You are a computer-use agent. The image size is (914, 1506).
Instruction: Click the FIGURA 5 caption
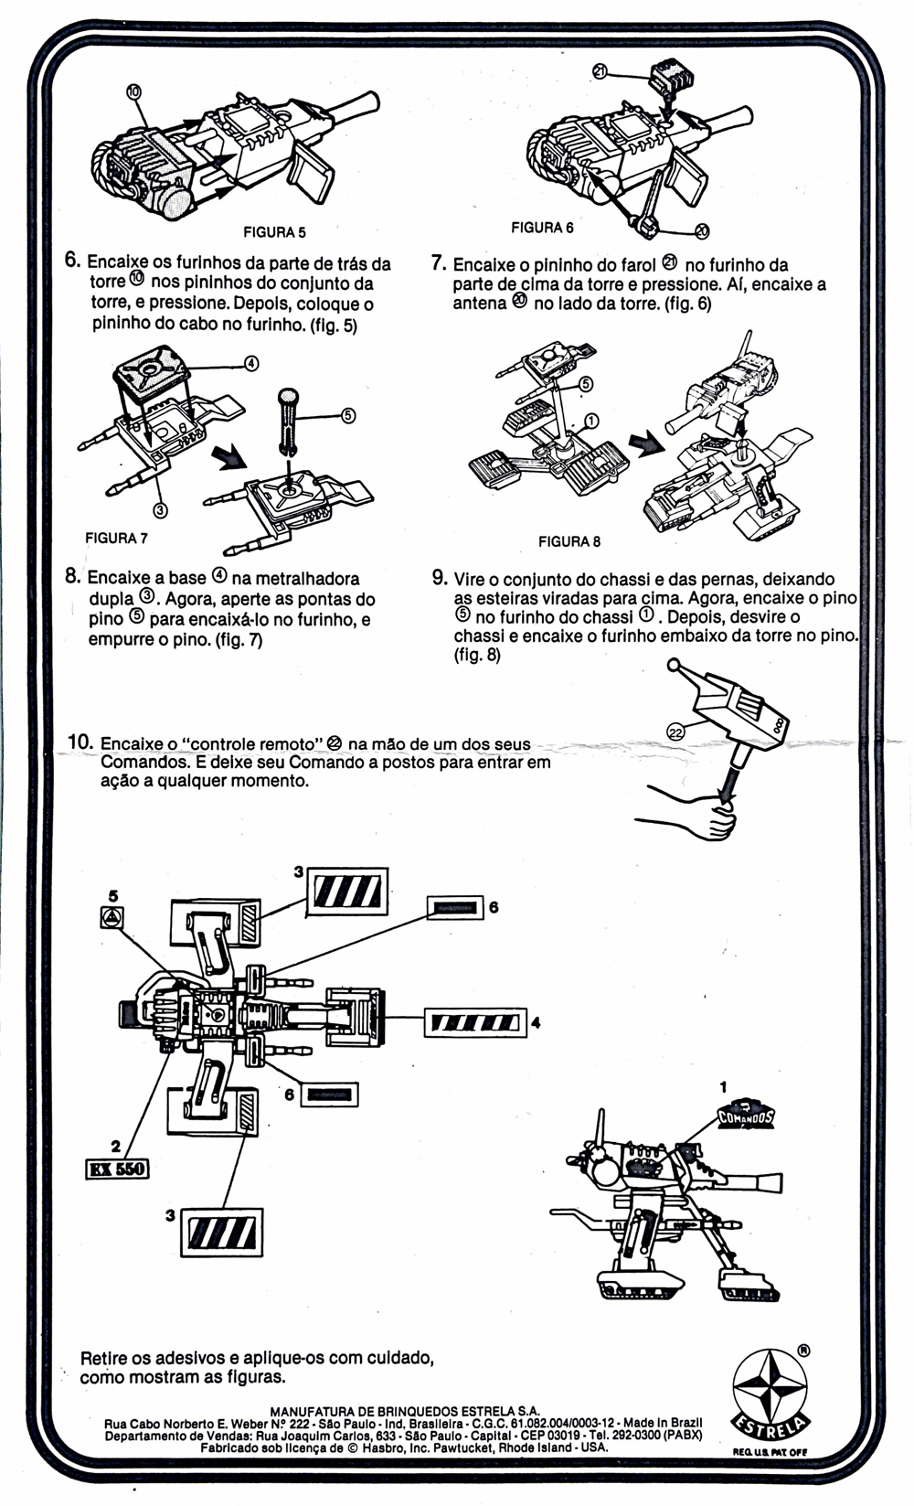pyautogui.click(x=274, y=232)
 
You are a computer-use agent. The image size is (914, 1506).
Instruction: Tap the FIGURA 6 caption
pyautogui.click(x=542, y=227)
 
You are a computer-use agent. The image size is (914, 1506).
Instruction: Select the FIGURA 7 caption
pyautogui.click(x=116, y=538)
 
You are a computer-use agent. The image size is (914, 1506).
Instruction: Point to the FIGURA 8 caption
pyautogui.click(x=569, y=541)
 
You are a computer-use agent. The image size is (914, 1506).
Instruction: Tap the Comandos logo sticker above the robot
pyautogui.click(x=746, y=1116)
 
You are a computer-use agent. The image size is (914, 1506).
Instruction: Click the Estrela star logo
pyautogui.click(x=771, y=1392)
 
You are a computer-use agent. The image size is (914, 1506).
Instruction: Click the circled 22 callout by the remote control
pyautogui.click(x=675, y=731)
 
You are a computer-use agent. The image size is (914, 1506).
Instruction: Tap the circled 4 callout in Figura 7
pyautogui.click(x=250, y=363)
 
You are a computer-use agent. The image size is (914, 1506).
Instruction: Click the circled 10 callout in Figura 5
pyautogui.click(x=133, y=91)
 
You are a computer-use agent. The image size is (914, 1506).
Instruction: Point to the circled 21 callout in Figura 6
pyautogui.click(x=600, y=70)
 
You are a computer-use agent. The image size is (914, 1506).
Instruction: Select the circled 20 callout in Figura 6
pyautogui.click(x=701, y=230)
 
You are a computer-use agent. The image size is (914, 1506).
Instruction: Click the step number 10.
pyautogui.click(x=80, y=742)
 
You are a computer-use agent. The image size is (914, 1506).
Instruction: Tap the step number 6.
pyautogui.click(x=72, y=260)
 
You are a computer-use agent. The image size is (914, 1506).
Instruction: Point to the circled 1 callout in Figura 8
pyautogui.click(x=590, y=421)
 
